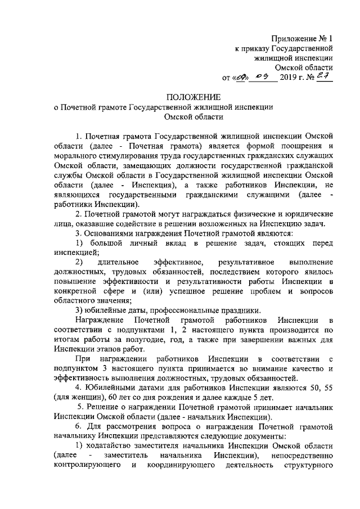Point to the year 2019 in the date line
tap(289, 78)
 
